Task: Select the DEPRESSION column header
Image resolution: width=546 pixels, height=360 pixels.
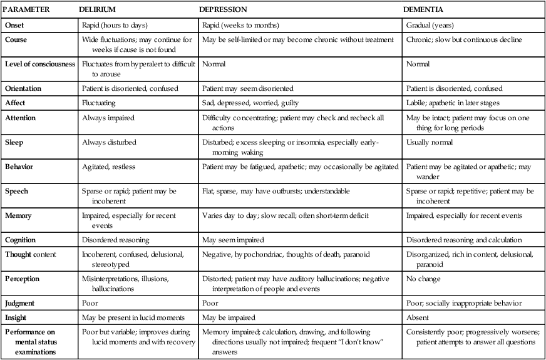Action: pyautogui.click(x=222, y=11)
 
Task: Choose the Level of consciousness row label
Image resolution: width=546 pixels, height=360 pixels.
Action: pyautogui.click(x=40, y=64)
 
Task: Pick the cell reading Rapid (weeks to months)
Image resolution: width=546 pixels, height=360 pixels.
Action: pyautogui.click(x=241, y=26)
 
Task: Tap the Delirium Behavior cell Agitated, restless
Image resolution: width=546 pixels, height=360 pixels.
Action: pyautogui.click(x=109, y=168)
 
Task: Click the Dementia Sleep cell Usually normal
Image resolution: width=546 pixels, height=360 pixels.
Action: pyautogui.click(x=430, y=142)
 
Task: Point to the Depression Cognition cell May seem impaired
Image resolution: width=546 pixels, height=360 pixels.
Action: pyautogui.click(x=233, y=240)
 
